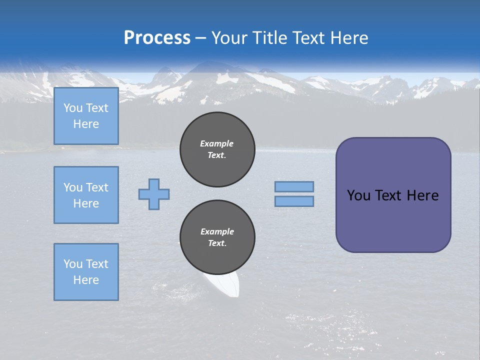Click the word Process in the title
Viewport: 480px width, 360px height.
pos(157,37)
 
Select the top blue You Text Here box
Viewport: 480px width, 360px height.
pos(86,116)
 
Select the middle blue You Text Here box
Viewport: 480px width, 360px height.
pos(86,195)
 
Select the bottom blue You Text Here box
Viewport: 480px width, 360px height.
pos(86,272)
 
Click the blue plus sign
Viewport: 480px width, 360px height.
pos(154,194)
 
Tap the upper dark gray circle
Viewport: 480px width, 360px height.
pos(217,149)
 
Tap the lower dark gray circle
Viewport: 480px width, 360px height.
pos(217,237)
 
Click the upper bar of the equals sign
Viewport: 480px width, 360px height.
pos(294,186)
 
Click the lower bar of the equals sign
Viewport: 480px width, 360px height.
pos(294,201)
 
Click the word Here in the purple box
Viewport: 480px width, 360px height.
pos(422,195)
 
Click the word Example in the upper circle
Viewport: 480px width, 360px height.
pos(217,143)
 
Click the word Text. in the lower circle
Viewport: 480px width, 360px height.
pos(217,243)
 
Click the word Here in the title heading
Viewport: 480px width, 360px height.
pos(349,37)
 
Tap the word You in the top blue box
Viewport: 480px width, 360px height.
pos(73,108)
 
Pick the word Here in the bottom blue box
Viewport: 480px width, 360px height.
pos(86,280)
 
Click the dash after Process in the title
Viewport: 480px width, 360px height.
pos(200,38)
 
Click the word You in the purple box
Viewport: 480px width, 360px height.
pos(358,195)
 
